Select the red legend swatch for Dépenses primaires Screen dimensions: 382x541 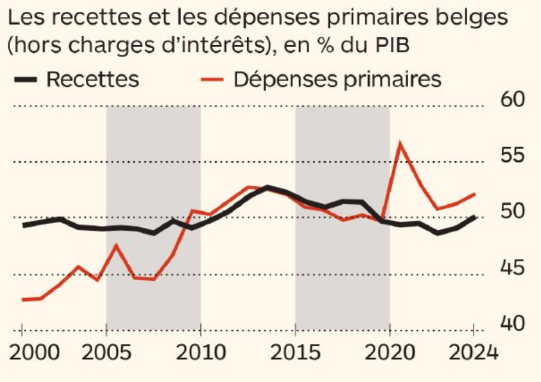[212, 79]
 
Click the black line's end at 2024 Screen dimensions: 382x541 [474, 217]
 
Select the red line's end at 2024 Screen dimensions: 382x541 [474, 194]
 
